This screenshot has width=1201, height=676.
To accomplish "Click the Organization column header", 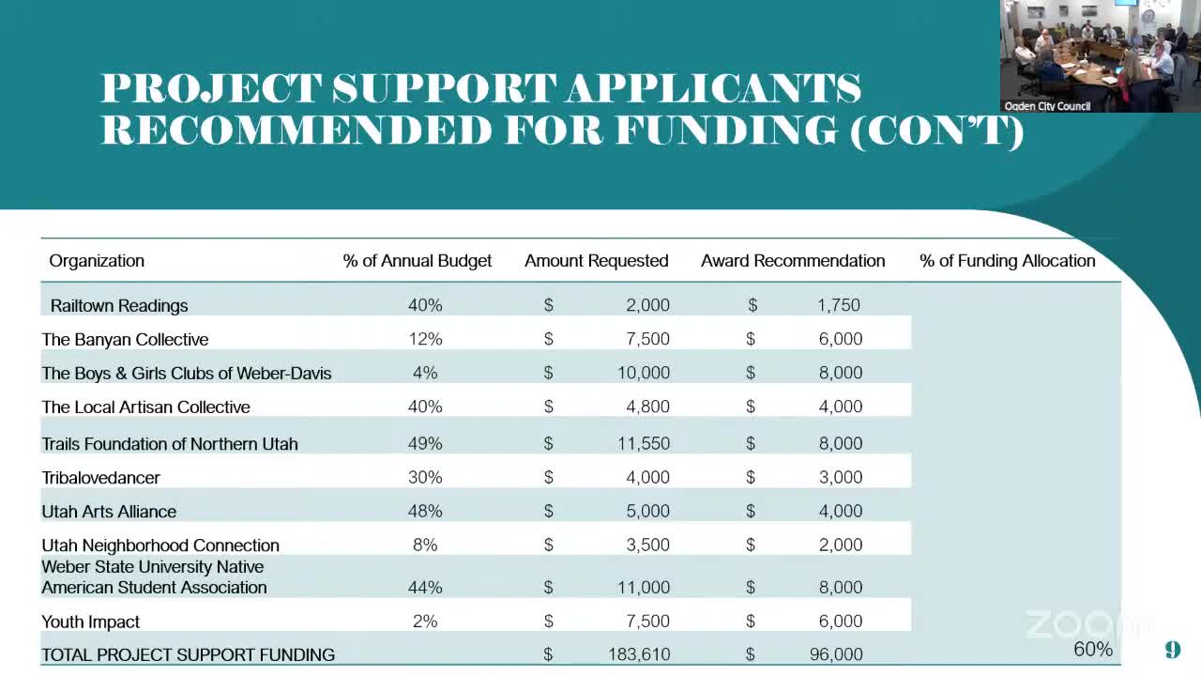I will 97,261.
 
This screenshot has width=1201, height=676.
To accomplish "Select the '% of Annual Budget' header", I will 418,261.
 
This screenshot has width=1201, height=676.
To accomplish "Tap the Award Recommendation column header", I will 793,261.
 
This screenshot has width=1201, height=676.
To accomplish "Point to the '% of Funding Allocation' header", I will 1008,261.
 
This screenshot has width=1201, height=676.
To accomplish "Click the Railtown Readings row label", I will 119,306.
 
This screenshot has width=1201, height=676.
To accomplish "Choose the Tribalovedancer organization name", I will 101,478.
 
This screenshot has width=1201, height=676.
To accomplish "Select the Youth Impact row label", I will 91,622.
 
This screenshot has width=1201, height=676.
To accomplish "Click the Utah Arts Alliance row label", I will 109,512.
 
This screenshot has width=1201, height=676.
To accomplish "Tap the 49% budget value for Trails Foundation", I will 425,443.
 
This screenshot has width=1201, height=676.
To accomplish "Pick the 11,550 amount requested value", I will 644,443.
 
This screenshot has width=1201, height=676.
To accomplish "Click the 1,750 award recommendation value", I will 839,305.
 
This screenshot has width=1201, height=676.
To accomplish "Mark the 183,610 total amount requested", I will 639,654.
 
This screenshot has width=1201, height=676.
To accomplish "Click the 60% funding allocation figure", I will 1093,650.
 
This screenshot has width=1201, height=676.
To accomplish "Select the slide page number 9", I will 1172,650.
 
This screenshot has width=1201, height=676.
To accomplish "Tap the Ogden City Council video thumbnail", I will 1100,56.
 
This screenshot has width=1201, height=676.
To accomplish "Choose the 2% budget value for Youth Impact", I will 425,622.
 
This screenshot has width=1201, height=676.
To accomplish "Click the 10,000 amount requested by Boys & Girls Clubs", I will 644,373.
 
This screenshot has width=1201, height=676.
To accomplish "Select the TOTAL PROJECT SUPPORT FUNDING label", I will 189,654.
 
